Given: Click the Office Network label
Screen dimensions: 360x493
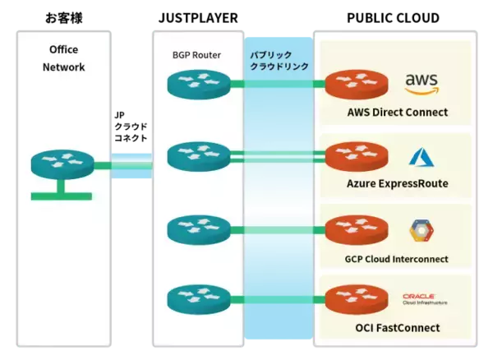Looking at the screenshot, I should coord(63,58).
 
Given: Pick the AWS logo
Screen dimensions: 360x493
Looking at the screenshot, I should coord(422,82).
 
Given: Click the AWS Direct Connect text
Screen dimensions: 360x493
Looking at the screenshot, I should coord(398,111).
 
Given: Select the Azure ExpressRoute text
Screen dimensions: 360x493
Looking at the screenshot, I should coord(398,183).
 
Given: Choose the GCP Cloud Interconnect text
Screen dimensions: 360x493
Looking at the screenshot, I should coord(397,259).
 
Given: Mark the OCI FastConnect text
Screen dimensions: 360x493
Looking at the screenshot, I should coord(398,328).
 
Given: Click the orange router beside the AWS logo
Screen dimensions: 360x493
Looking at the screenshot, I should coord(354,83).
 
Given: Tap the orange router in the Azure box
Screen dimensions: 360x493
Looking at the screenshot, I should coord(354,155).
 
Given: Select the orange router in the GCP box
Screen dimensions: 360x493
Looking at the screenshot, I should coord(354,226).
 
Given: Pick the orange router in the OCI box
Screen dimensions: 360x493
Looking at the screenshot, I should coord(354,297).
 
